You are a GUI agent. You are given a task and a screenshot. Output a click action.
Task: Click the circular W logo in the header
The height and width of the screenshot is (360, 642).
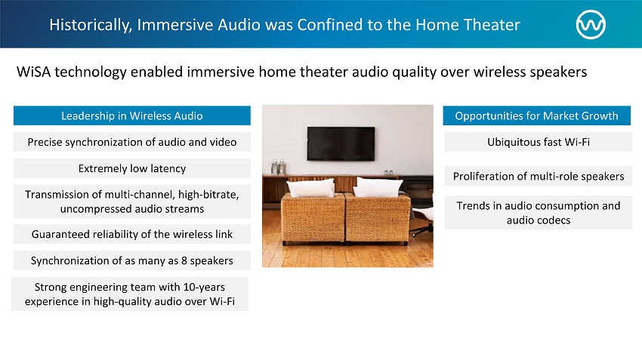coord(591,25)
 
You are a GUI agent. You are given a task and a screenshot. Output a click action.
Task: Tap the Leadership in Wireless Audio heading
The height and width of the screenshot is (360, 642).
coord(132,115)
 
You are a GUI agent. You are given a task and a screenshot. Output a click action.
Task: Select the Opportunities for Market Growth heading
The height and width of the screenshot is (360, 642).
coord(537,115)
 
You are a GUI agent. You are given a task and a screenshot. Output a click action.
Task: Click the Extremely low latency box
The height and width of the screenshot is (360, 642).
coord(132,168)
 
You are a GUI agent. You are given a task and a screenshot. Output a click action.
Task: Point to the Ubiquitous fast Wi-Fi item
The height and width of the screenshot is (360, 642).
coord(539,142)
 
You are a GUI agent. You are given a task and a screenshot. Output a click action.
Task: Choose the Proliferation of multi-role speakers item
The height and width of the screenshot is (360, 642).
coord(539,177)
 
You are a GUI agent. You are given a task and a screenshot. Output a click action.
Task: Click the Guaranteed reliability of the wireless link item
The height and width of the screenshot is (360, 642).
coord(132,234)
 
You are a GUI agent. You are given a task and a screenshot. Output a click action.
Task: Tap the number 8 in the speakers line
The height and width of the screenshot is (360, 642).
coord(184,260)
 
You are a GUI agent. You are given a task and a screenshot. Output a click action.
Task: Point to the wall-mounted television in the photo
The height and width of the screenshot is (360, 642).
coord(341,143)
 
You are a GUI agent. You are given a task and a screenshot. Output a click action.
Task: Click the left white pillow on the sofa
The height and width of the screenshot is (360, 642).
coord(310,189)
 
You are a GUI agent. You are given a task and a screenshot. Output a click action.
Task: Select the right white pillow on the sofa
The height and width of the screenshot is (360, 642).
coord(378,187)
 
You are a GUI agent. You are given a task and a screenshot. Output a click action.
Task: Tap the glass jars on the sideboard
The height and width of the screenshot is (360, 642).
coord(279,167)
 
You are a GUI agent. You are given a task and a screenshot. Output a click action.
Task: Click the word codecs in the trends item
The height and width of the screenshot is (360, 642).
coord(554,220)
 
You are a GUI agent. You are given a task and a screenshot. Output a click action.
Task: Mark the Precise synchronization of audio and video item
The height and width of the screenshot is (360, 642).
coord(132,142)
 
